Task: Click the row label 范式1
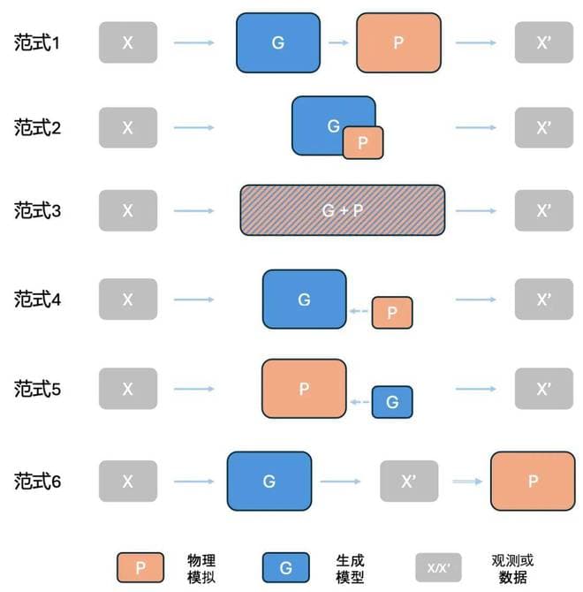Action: (x=37, y=42)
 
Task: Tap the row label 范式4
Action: (x=37, y=300)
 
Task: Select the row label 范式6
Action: (x=37, y=482)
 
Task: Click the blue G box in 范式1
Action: (x=278, y=42)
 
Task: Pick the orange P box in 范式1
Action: (x=398, y=42)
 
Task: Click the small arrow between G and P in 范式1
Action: (x=338, y=42)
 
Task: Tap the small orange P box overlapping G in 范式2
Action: (x=363, y=143)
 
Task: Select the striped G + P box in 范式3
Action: (x=342, y=210)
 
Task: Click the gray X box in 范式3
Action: (x=128, y=210)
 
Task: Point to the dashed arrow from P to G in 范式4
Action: (x=359, y=311)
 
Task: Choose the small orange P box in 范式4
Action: (x=392, y=313)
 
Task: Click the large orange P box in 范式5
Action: (x=304, y=389)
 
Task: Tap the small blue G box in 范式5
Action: (x=392, y=402)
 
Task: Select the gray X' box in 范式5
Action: (x=544, y=389)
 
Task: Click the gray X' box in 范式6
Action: (x=409, y=481)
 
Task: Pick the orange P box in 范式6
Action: (x=533, y=481)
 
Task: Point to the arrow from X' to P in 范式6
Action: (x=467, y=482)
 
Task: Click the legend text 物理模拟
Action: (x=201, y=569)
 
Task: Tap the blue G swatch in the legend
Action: (x=285, y=567)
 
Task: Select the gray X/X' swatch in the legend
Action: (x=438, y=567)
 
